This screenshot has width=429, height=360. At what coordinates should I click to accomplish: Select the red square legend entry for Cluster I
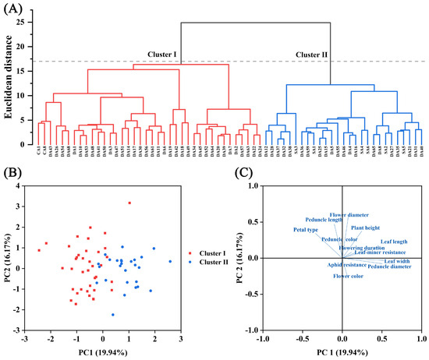189,253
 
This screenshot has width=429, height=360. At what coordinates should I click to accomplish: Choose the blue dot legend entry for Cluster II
189,263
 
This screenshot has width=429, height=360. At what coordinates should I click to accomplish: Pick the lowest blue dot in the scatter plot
113,315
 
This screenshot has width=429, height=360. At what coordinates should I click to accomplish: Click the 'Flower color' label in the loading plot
349,276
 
